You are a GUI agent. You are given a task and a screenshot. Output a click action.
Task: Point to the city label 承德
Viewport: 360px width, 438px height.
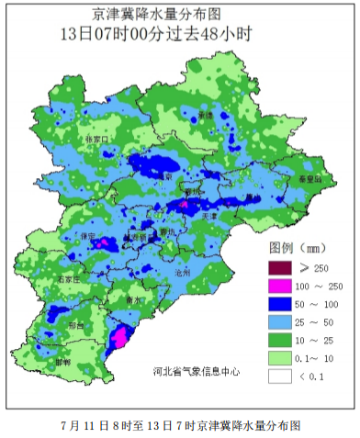coord(206,115)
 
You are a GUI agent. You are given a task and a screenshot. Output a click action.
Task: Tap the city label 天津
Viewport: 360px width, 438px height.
coord(209,217)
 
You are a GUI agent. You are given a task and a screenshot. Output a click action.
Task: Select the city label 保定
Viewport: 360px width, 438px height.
coord(89,236)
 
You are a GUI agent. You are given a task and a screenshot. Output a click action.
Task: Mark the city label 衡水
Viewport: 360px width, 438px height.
coord(132,299)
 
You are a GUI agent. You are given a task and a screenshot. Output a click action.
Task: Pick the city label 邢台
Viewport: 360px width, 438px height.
coord(74,325)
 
